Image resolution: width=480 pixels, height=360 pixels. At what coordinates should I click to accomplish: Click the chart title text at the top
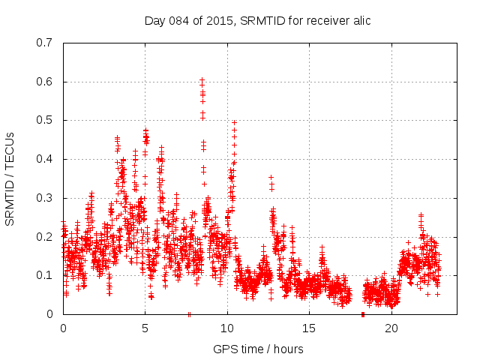(257, 20)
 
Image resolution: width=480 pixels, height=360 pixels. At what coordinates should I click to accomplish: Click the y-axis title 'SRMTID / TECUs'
(10, 178)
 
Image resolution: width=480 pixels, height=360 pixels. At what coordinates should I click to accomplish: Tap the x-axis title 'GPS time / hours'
(257, 349)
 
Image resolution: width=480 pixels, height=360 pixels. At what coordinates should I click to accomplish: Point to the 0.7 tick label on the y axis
(43, 43)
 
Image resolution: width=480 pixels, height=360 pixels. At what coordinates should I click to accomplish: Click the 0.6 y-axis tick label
(43, 82)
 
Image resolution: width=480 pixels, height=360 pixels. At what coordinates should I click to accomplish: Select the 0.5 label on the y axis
(43, 120)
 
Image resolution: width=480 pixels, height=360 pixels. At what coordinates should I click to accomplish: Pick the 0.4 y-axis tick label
(43, 159)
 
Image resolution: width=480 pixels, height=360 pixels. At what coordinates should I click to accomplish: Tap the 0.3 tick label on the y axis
(43, 198)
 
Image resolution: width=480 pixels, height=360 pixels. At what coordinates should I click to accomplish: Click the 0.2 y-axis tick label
(43, 236)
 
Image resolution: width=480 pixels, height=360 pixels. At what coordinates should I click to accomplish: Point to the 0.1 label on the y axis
(43, 275)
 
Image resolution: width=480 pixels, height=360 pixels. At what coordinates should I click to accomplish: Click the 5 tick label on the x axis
(145, 328)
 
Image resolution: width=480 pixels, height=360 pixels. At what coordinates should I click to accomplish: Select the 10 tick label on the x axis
(227, 328)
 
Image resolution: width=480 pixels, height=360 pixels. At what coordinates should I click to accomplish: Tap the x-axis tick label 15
(309, 328)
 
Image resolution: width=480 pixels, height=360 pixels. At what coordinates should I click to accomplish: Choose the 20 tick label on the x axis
(391, 328)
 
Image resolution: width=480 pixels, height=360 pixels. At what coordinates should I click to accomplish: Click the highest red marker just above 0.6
(202, 79)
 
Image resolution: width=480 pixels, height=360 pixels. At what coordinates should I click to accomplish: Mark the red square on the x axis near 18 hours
(362, 314)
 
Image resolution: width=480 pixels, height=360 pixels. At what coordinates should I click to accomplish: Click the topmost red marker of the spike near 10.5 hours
(234, 121)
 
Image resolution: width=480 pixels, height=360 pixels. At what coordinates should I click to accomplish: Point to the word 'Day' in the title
(154, 20)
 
